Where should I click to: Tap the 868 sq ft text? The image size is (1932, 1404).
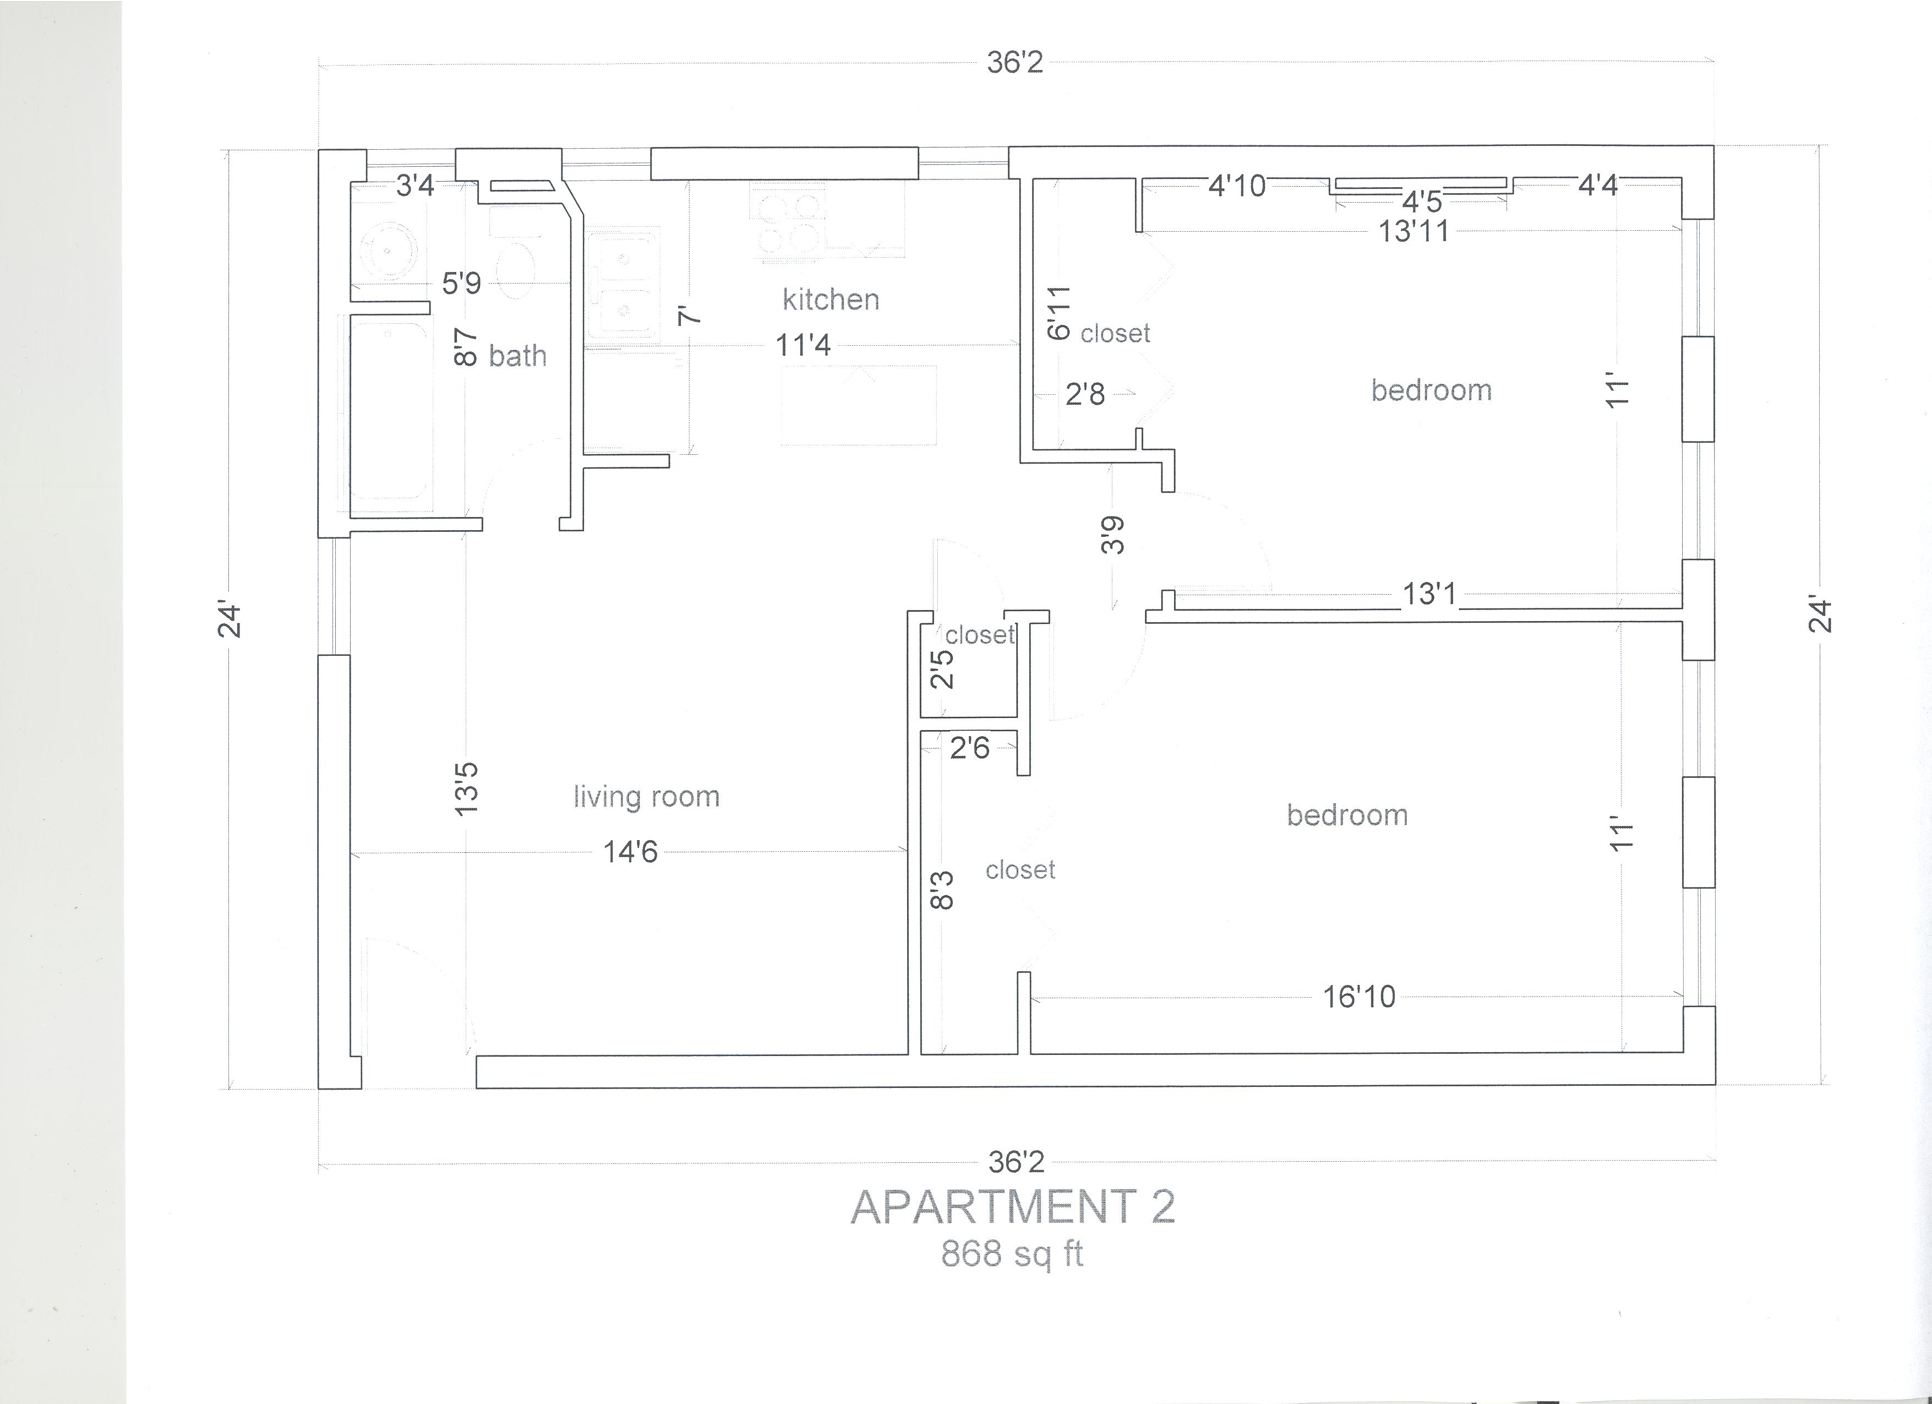point(1012,1254)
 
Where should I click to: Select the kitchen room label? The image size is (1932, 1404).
point(831,300)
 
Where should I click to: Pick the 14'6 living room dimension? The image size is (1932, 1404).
point(630,851)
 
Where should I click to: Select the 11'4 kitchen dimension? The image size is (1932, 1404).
point(803,345)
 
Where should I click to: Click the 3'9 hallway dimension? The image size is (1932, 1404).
point(1112,535)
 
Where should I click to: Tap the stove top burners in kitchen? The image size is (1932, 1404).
point(789,221)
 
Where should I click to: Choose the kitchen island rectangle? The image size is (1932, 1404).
point(859,406)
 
